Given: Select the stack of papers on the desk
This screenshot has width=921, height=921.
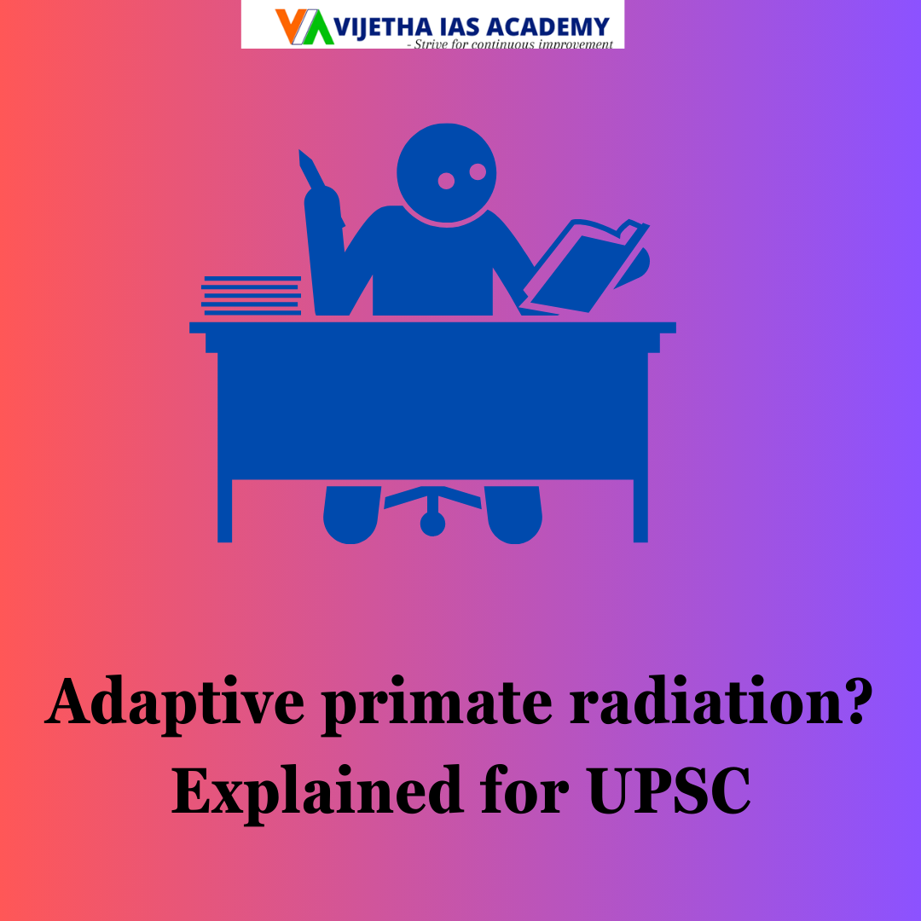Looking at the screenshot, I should coord(252,295).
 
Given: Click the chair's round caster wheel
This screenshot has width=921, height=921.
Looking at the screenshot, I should coord(432,524).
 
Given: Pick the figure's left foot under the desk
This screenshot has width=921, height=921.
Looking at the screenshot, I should coord(351,516).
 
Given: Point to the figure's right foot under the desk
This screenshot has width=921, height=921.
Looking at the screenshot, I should coord(514,516).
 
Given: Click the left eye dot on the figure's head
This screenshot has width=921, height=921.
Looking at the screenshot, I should coord(446,180).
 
